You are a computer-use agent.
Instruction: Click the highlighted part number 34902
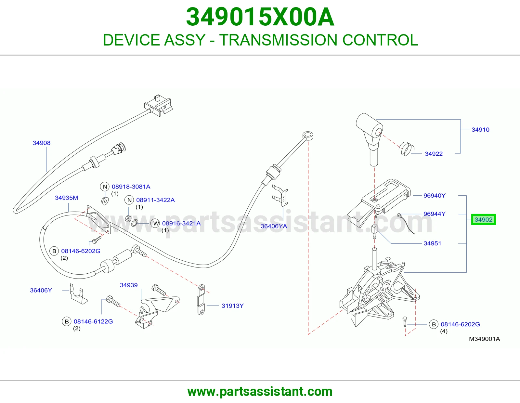tap(483, 219)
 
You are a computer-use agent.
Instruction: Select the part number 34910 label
tap(480, 130)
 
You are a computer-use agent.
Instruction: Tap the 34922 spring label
tap(434, 154)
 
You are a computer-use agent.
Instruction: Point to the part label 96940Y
tap(434, 196)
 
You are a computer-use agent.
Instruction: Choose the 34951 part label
tap(432, 243)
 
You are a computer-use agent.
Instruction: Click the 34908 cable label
tap(41, 143)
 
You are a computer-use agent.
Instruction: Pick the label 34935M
tap(66, 198)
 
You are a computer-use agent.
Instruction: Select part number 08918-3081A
tap(131, 187)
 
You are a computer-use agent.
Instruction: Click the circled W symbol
tap(156, 224)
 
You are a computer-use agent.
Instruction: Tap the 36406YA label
tap(274, 226)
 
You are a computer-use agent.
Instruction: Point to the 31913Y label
tap(232, 305)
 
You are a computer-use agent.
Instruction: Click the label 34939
tap(129, 285)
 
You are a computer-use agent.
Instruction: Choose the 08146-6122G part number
tap(93, 321)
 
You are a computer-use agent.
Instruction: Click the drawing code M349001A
tap(484, 339)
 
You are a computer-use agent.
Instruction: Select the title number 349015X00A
tap(260, 17)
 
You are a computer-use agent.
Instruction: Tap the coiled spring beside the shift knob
tap(407, 149)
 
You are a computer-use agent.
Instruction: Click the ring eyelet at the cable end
tap(308, 135)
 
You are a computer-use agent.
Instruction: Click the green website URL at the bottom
tap(260, 392)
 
